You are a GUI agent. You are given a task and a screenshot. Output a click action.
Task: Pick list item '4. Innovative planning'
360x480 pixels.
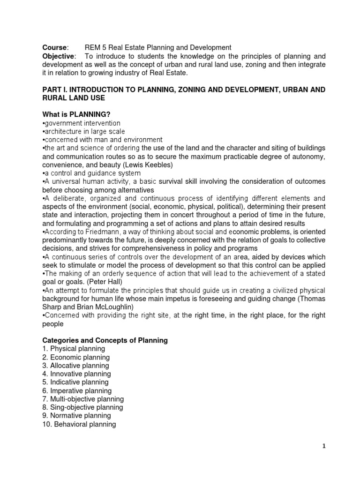[x=76, y=374]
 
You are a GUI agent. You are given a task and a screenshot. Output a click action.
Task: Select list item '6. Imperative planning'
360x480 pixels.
[x=77, y=391]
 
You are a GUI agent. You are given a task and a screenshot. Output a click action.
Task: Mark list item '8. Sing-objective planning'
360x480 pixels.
[x=82, y=407]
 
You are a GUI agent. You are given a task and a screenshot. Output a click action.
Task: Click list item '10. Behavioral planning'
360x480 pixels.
[x=79, y=424]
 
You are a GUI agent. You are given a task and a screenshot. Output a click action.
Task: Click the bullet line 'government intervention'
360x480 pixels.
[x=81, y=123]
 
